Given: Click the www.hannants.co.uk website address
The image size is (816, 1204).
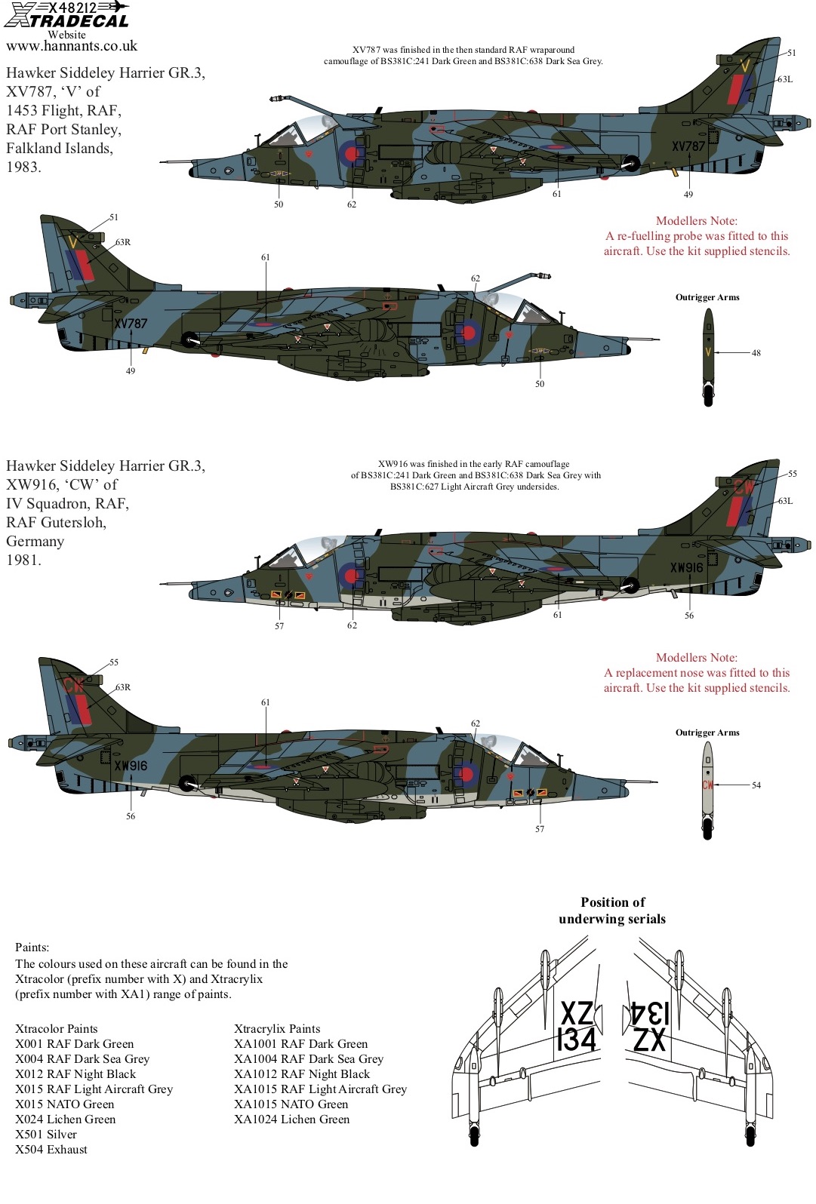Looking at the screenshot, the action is click(x=72, y=46).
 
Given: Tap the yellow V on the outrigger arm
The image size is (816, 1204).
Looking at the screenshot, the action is click(x=708, y=352).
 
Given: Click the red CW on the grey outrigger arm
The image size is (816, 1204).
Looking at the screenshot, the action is click(x=707, y=785).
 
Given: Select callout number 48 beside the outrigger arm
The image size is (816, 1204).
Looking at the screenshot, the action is click(x=756, y=353).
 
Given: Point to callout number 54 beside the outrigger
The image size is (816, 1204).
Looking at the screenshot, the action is click(x=756, y=785).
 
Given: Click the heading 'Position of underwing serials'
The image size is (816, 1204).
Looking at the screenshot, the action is click(x=612, y=911).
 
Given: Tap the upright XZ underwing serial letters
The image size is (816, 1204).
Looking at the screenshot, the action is click(x=577, y=1013).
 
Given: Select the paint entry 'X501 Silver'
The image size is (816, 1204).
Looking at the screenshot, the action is click(x=46, y=1134).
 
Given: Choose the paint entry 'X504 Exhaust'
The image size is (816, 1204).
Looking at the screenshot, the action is click(x=51, y=1149).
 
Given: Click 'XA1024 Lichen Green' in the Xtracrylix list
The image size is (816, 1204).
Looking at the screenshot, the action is click(x=291, y=1119).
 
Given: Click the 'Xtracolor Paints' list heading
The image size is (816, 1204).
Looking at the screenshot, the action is click(x=57, y=1029).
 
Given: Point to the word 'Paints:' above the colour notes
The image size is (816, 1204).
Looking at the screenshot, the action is click(x=32, y=947).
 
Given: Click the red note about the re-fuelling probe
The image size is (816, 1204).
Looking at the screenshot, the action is click(x=697, y=236).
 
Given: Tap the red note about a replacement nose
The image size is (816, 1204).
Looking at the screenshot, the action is click(x=697, y=672).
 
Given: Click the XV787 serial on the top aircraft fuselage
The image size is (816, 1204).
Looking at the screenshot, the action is click(x=688, y=146).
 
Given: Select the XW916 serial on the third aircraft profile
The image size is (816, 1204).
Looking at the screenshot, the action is click(x=686, y=567).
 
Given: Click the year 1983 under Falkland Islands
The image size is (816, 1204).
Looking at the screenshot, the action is click(x=23, y=167).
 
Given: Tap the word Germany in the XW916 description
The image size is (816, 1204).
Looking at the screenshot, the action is click(x=35, y=541).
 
